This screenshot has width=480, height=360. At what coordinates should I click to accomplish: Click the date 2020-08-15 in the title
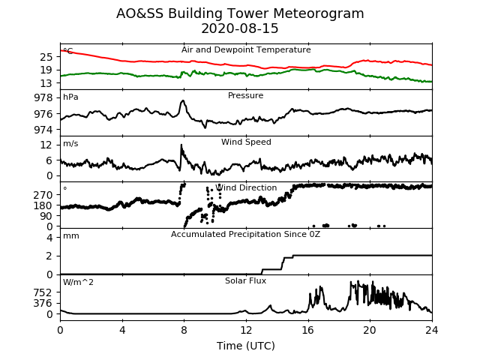click(240, 28)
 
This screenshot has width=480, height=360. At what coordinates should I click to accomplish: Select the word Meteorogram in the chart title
click(318, 13)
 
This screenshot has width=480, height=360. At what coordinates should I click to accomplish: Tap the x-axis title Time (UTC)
click(246, 346)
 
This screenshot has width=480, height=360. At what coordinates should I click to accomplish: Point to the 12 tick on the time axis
click(246, 330)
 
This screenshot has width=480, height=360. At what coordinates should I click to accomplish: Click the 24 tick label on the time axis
click(432, 330)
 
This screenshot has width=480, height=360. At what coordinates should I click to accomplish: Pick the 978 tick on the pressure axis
click(43, 98)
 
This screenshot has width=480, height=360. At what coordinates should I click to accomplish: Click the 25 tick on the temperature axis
click(46, 57)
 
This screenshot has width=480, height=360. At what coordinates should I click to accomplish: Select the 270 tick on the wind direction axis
click(43, 195)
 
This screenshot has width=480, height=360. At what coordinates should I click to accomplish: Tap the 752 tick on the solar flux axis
click(43, 293)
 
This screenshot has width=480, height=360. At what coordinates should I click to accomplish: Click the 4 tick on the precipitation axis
click(49, 238)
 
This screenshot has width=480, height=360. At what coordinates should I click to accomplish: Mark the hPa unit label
click(70, 97)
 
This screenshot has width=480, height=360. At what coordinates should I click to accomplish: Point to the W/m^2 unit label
click(78, 282)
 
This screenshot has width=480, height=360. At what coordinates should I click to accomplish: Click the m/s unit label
click(70, 143)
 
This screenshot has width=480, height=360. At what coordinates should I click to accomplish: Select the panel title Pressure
click(245, 95)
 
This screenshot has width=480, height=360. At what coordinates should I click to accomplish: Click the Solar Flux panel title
click(245, 280)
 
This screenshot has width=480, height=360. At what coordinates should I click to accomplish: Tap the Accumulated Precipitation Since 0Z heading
click(245, 234)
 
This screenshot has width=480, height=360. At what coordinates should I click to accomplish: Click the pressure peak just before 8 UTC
click(183, 100)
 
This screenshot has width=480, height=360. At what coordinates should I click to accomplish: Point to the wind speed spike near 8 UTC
click(181, 145)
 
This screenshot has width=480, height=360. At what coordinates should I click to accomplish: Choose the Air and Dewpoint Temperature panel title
click(246, 49)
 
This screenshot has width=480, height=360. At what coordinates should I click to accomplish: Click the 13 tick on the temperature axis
click(46, 83)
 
